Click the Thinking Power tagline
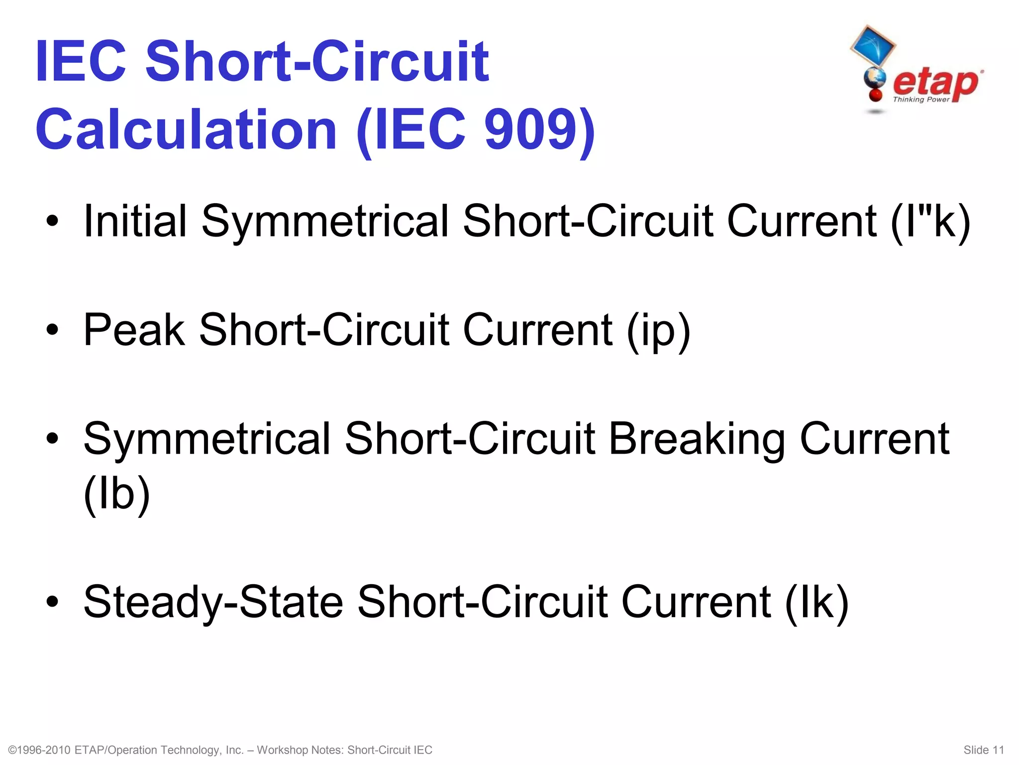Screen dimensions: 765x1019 [921, 100]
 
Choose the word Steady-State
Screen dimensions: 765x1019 [213, 602]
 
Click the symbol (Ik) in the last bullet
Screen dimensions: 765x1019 [816, 602]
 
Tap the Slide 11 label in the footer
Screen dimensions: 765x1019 [984, 750]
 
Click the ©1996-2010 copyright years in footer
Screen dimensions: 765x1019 [40, 750]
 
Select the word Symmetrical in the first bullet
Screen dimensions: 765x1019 [325, 222]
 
